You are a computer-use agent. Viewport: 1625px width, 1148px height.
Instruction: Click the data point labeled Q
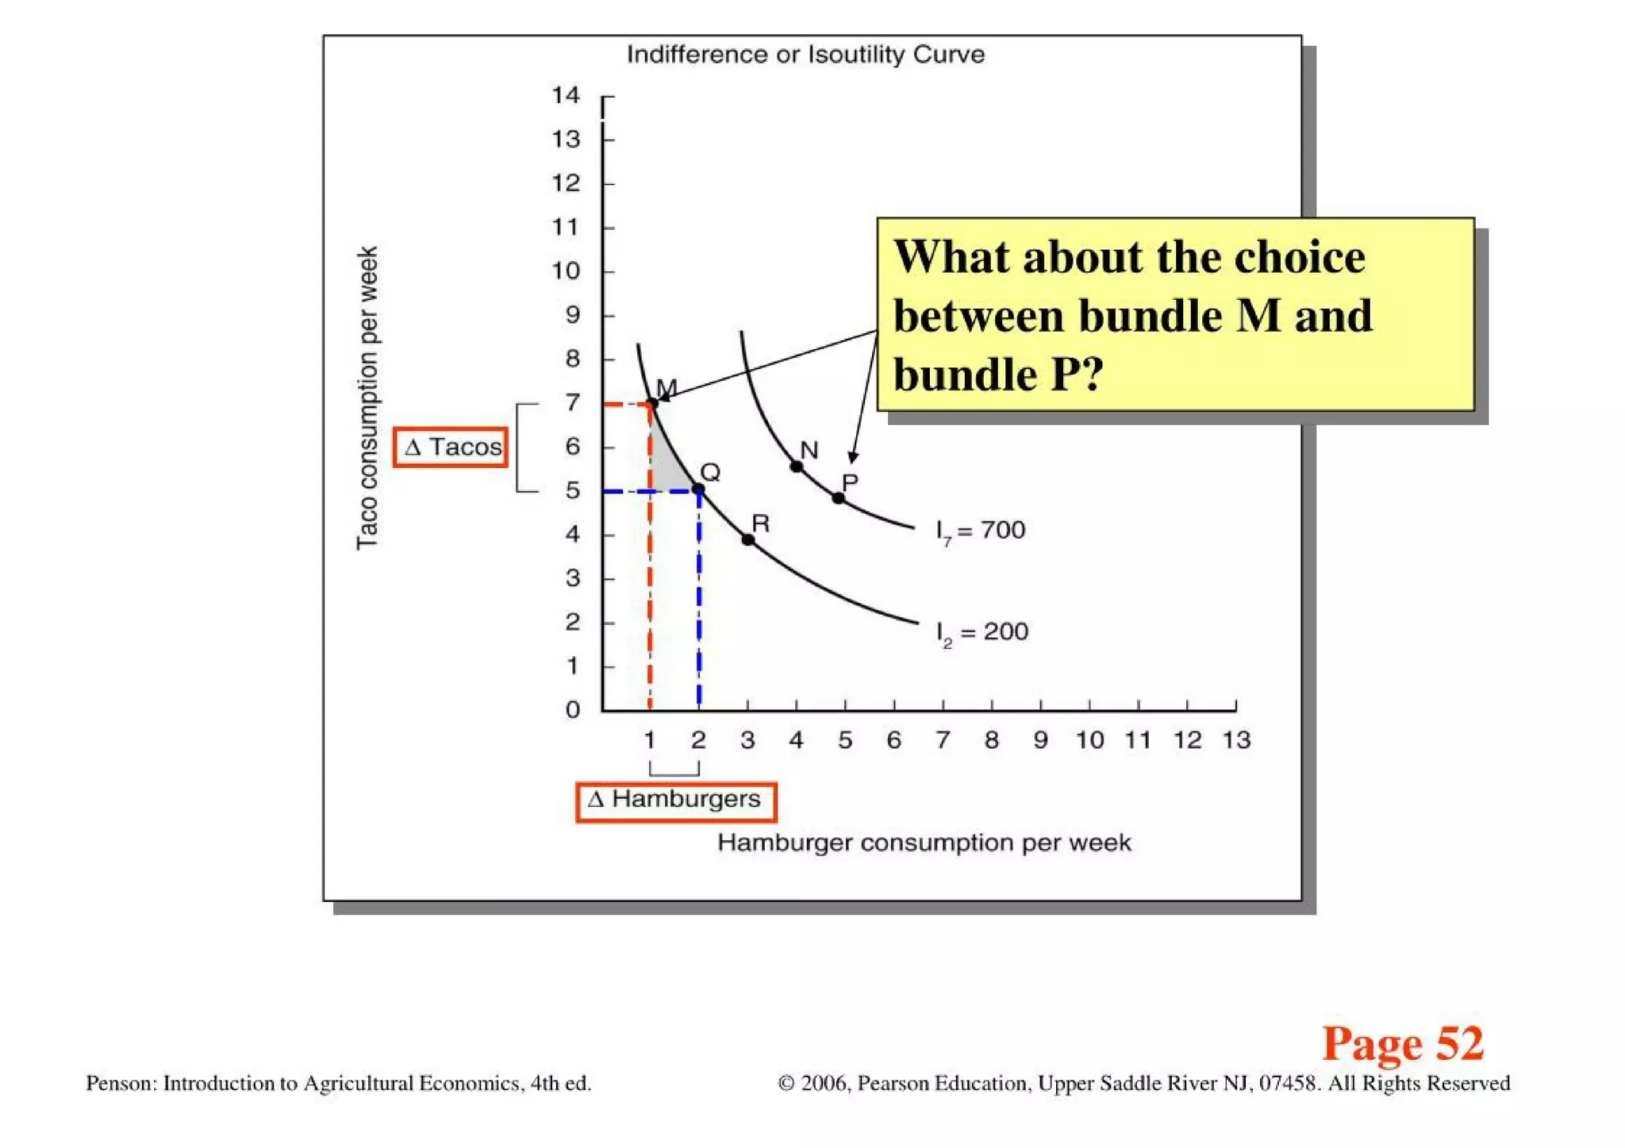click(x=698, y=490)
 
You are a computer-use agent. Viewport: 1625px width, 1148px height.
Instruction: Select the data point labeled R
click(x=747, y=539)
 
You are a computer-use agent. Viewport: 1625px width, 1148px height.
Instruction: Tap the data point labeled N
click(x=797, y=466)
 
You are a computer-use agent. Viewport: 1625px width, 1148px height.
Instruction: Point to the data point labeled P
click(x=839, y=498)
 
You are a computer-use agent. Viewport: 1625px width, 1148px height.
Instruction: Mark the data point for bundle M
click(x=652, y=404)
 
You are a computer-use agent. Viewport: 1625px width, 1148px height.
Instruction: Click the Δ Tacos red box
click(x=451, y=447)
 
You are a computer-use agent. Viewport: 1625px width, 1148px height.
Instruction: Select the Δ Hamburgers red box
click(x=675, y=801)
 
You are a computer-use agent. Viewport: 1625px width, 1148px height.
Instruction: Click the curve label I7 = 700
click(x=981, y=531)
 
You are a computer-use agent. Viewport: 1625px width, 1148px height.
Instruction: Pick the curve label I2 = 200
click(x=982, y=633)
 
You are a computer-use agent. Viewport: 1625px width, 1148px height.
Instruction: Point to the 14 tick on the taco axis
click(x=566, y=96)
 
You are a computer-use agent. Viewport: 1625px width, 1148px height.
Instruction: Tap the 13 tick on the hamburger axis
click(x=1236, y=740)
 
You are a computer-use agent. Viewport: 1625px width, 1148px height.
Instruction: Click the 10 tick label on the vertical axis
click(x=566, y=271)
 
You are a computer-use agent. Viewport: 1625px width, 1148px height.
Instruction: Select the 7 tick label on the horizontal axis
click(x=943, y=740)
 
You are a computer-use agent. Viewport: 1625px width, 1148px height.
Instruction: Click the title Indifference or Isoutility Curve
click(x=805, y=55)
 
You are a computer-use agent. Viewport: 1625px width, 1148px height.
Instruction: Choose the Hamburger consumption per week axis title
click(x=924, y=843)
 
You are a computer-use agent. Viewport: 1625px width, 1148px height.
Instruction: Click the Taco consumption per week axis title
click(x=367, y=397)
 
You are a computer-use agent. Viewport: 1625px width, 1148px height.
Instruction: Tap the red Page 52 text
click(x=1402, y=1043)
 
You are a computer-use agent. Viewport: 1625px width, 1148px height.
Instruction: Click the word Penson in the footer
click(x=121, y=1083)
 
